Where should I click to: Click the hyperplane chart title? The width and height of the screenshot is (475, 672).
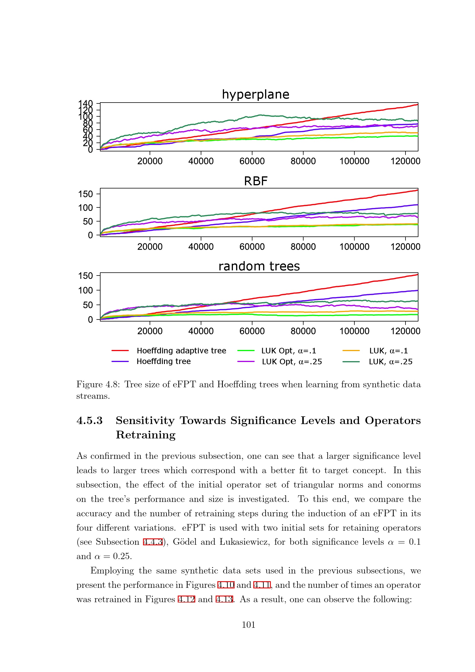[255, 95]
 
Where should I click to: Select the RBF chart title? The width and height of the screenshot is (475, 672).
[255, 181]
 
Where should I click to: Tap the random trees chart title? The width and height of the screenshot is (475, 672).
[259, 266]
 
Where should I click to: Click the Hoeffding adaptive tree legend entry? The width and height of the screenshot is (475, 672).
[181, 351]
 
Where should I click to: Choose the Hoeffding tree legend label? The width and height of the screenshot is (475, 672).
[163, 361]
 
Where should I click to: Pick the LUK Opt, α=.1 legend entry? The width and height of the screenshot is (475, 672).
[288, 351]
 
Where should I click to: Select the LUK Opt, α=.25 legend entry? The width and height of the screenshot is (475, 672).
[291, 362]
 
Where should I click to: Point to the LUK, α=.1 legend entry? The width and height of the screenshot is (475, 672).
[388, 351]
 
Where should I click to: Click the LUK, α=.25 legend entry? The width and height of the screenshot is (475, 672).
[391, 362]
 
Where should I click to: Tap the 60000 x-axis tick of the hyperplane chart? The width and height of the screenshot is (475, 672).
[252, 161]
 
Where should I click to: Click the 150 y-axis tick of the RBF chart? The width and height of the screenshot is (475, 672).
[85, 194]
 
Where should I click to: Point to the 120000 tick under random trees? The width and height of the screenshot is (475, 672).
[405, 331]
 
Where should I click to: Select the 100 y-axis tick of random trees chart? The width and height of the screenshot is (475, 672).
[85, 290]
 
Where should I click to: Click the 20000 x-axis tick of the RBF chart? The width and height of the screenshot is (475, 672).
[150, 247]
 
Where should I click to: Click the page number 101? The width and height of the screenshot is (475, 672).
[248, 625]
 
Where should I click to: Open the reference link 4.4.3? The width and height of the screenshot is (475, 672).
[153, 542]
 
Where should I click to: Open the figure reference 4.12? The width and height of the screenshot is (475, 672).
[186, 599]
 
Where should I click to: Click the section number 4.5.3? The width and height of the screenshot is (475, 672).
[90, 420]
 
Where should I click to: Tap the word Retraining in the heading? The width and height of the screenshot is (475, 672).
[146, 435]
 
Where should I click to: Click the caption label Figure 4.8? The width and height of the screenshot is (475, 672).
[98, 384]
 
